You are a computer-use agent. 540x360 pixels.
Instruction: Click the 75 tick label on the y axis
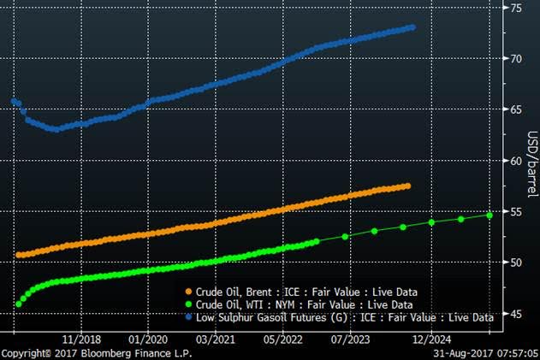[x=516, y=8]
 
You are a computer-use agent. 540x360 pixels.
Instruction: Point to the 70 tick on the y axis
[x=516, y=58]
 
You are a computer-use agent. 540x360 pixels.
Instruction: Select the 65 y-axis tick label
[x=516, y=109]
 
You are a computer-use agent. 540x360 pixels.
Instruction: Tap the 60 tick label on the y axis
[x=516, y=160]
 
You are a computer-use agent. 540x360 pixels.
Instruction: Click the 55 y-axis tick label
[x=516, y=211]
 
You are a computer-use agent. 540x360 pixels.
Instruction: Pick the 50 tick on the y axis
[x=516, y=262]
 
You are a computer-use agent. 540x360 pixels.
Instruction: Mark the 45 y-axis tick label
[x=516, y=313]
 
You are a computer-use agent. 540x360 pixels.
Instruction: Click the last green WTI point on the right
[x=490, y=215]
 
